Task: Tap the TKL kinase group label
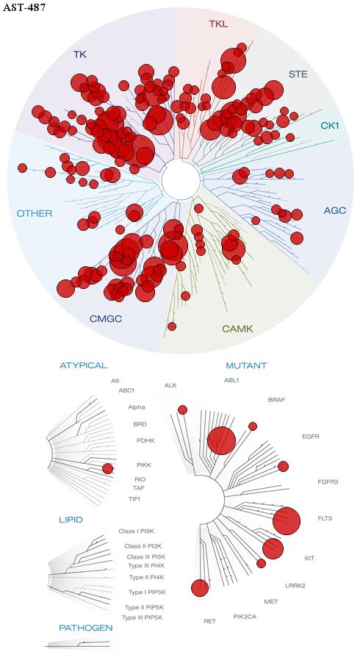(218, 24)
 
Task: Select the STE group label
(298, 75)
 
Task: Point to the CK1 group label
(330, 125)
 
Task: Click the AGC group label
(334, 211)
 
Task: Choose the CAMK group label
(237, 329)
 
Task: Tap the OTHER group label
(35, 214)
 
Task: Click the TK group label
(80, 54)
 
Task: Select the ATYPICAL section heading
(84, 365)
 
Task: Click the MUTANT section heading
(246, 366)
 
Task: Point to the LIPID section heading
(71, 520)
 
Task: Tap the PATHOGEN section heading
(86, 628)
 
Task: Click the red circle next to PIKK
(107, 469)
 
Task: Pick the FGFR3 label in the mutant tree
(328, 482)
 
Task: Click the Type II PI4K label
(147, 577)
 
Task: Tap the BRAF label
(277, 400)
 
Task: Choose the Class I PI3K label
(137, 531)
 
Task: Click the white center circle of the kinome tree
(181, 180)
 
